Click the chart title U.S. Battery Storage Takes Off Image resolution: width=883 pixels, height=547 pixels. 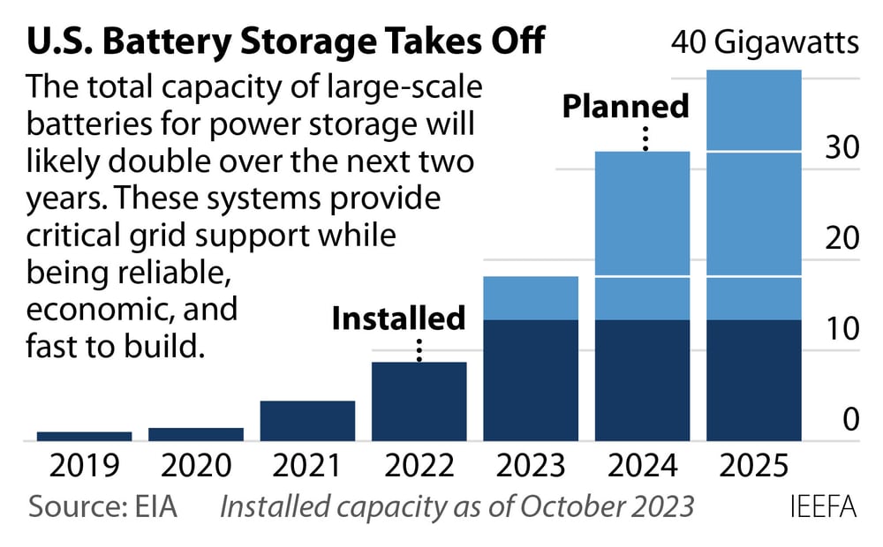coord(287,41)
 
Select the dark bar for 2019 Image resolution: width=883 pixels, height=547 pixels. coord(84,436)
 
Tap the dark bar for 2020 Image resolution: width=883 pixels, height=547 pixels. coord(195,434)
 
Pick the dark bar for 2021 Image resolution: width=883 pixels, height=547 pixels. coord(307,421)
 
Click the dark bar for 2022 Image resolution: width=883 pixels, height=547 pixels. coord(419,401)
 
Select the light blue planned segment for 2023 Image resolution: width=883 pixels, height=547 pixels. coord(531,298)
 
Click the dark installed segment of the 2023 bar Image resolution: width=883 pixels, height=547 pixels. coord(531,380)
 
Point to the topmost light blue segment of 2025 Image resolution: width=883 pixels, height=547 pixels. coord(754,111)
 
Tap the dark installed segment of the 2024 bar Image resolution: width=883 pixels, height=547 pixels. coord(642,380)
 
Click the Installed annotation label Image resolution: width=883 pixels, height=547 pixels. coord(398,318)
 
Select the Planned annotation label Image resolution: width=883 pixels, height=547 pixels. coord(626,107)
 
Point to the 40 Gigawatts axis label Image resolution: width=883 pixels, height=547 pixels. coord(765,41)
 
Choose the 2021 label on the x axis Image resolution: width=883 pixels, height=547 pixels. coord(307,465)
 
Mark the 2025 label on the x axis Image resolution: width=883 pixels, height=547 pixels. coord(754,465)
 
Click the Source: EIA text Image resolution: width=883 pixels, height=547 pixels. coord(103,507)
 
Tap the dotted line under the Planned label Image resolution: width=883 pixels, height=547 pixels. coord(646,139)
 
